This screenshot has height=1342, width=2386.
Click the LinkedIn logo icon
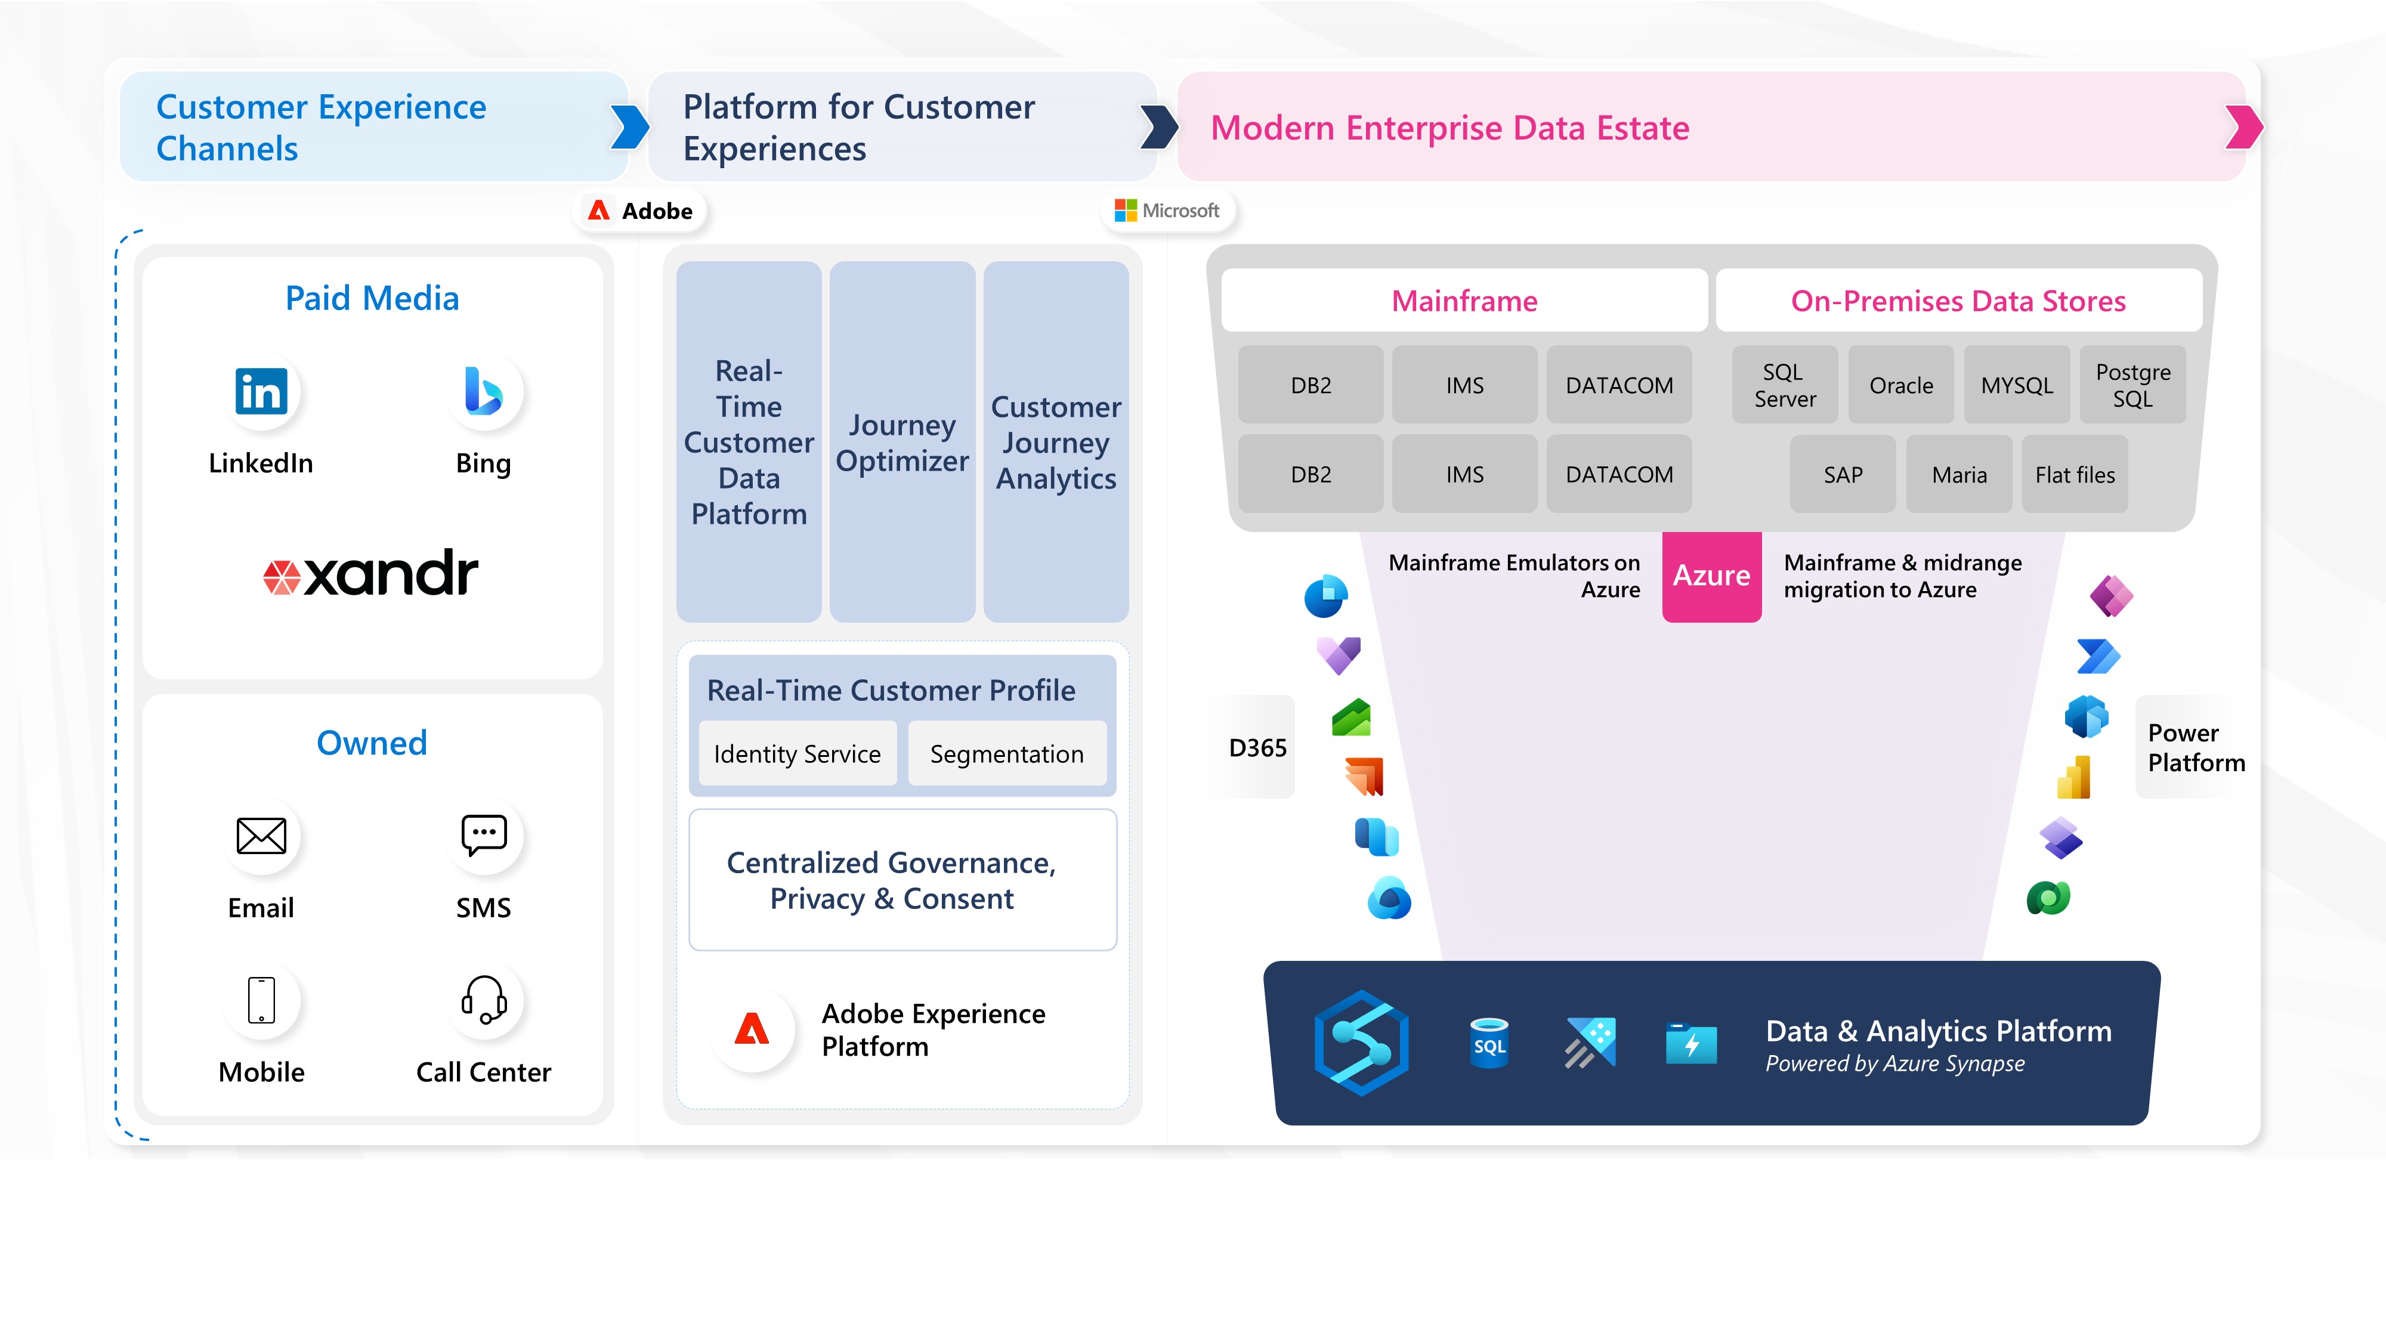[261, 392]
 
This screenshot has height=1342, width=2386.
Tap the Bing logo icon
[484, 392]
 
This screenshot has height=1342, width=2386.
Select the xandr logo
[372, 573]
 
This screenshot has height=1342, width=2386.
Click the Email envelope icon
[261, 836]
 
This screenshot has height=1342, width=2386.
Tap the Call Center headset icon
[484, 1000]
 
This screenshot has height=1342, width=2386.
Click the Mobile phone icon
[261, 1000]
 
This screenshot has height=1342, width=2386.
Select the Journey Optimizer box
[902, 442]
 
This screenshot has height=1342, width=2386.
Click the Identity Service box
[796, 754]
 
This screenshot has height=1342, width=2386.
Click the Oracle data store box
[1900, 385]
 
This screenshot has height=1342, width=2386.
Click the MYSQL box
[2016, 385]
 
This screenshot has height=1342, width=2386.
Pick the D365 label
[1257, 747]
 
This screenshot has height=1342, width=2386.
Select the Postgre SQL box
[2132, 385]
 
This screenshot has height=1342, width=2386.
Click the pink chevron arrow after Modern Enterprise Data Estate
[2243, 128]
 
